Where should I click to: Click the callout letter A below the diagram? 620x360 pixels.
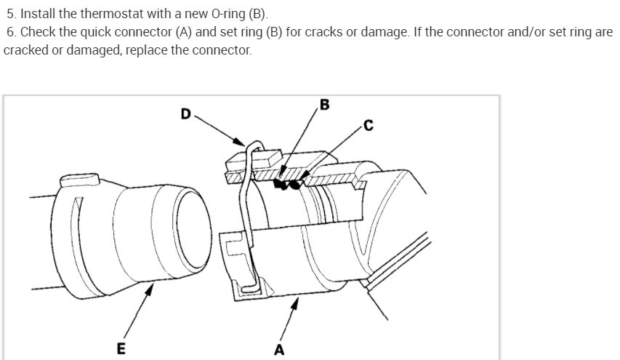point(279,350)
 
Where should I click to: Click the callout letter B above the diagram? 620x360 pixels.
point(324,105)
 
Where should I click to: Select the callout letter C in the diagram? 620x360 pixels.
point(369,126)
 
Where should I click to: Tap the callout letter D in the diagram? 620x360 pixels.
point(186,113)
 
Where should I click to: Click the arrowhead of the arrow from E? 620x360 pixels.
point(151,287)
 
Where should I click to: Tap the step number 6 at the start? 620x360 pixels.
point(9,33)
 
